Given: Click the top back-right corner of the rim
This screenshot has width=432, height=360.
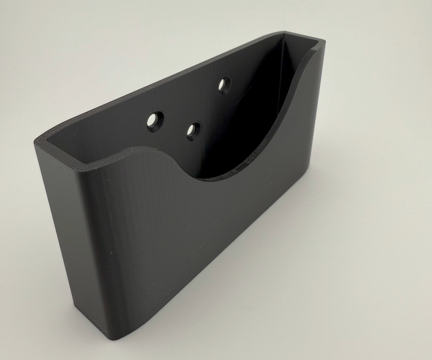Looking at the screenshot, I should click(x=281, y=32).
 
